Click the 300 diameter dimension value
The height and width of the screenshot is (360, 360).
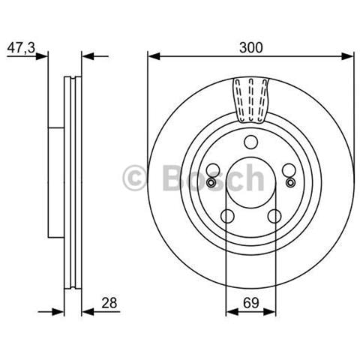(251, 47)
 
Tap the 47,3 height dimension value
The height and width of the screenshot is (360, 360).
(21, 47)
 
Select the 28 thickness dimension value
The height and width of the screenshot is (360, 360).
(109, 303)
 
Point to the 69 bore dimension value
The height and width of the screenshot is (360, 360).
(251, 303)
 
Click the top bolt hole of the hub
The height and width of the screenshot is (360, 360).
(250, 142)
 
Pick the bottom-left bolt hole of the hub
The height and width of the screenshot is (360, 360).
(227, 216)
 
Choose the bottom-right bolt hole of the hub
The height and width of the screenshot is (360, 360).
(274, 216)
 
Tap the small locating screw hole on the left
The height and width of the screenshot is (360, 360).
(211, 182)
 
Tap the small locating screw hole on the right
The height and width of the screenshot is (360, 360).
(290, 182)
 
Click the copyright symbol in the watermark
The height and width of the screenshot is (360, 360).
(134, 178)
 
